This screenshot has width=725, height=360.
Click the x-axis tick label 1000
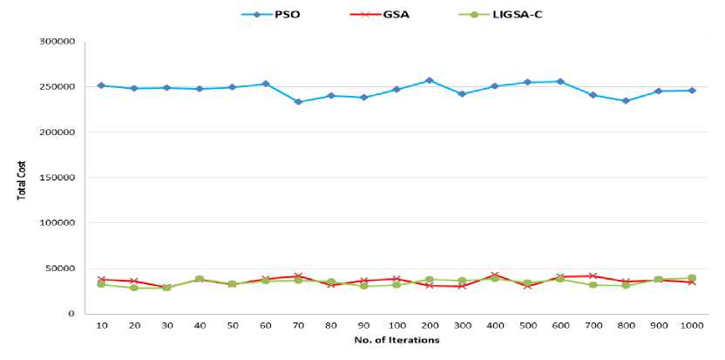tap(692, 326)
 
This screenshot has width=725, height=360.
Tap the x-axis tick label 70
tap(298, 326)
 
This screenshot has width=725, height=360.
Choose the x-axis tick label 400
tap(494, 326)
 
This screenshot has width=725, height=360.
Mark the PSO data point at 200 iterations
tap(429, 80)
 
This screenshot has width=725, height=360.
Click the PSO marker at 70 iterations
tap(298, 102)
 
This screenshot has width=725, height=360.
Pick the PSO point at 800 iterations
tap(626, 101)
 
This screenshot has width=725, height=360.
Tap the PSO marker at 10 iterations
tap(101, 85)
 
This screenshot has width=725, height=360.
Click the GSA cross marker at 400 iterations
tap(494, 275)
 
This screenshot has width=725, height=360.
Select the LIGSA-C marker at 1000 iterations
tap(692, 278)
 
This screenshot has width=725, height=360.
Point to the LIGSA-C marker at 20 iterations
tap(134, 288)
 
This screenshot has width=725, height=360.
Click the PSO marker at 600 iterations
tap(560, 81)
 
